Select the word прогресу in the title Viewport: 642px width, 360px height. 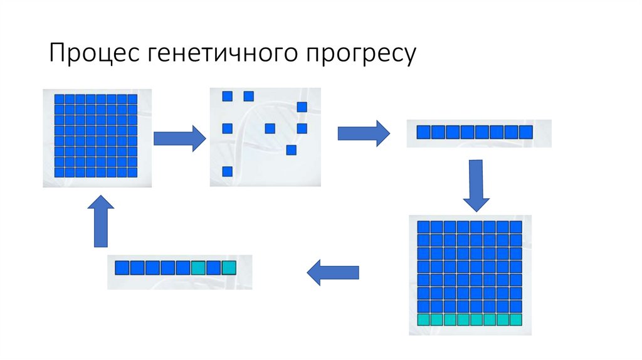[x=361, y=55]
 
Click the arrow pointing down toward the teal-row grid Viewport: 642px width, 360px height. [x=476, y=185]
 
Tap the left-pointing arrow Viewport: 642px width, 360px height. [x=332, y=272]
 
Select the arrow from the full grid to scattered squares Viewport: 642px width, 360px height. [x=179, y=137]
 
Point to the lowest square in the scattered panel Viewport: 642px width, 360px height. [x=228, y=171]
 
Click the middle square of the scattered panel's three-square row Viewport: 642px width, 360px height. [x=270, y=129]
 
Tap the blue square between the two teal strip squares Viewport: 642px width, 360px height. [x=213, y=268]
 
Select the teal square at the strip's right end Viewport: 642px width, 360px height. [x=228, y=268]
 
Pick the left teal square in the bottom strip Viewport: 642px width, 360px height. [x=198, y=268]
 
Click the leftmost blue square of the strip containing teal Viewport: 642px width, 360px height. [x=122, y=268]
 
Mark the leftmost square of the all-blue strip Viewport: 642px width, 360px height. [x=424, y=132]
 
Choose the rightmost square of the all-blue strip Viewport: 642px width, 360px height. [x=525, y=132]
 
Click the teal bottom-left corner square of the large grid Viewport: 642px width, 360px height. [x=424, y=319]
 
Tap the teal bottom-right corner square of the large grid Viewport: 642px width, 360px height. [x=515, y=319]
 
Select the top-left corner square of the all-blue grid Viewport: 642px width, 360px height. [x=60, y=99]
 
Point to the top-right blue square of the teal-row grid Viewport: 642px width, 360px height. [x=515, y=227]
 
